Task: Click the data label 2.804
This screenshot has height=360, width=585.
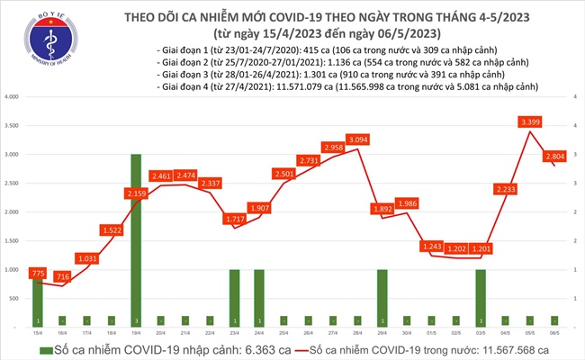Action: tap(554, 155)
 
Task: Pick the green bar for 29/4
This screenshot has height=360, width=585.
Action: tap(382, 296)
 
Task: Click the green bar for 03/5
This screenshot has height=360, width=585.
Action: tap(481, 296)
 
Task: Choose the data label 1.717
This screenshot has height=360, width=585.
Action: tap(234, 220)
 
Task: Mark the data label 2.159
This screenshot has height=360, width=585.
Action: tap(135, 193)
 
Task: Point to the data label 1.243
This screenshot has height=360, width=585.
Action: tap(431, 246)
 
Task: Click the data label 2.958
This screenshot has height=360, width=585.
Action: tap(333, 146)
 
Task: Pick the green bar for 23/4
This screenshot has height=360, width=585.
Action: tap(235, 296)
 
